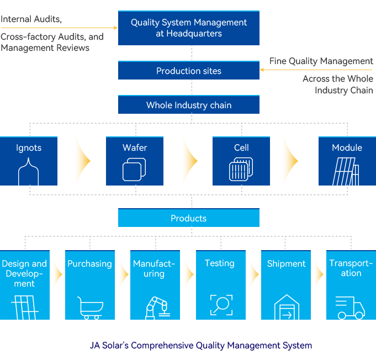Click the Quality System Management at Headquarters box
(189, 28)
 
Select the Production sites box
(189, 71)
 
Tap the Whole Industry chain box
(189, 105)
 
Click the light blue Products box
(189, 218)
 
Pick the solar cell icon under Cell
(241, 170)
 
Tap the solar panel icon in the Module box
(346, 172)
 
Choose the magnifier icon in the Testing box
(221, 305)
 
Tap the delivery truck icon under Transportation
(350, 308)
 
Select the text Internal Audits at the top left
(31, 19)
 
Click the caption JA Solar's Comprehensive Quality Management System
(201, 346)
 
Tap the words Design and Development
(24, 274)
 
